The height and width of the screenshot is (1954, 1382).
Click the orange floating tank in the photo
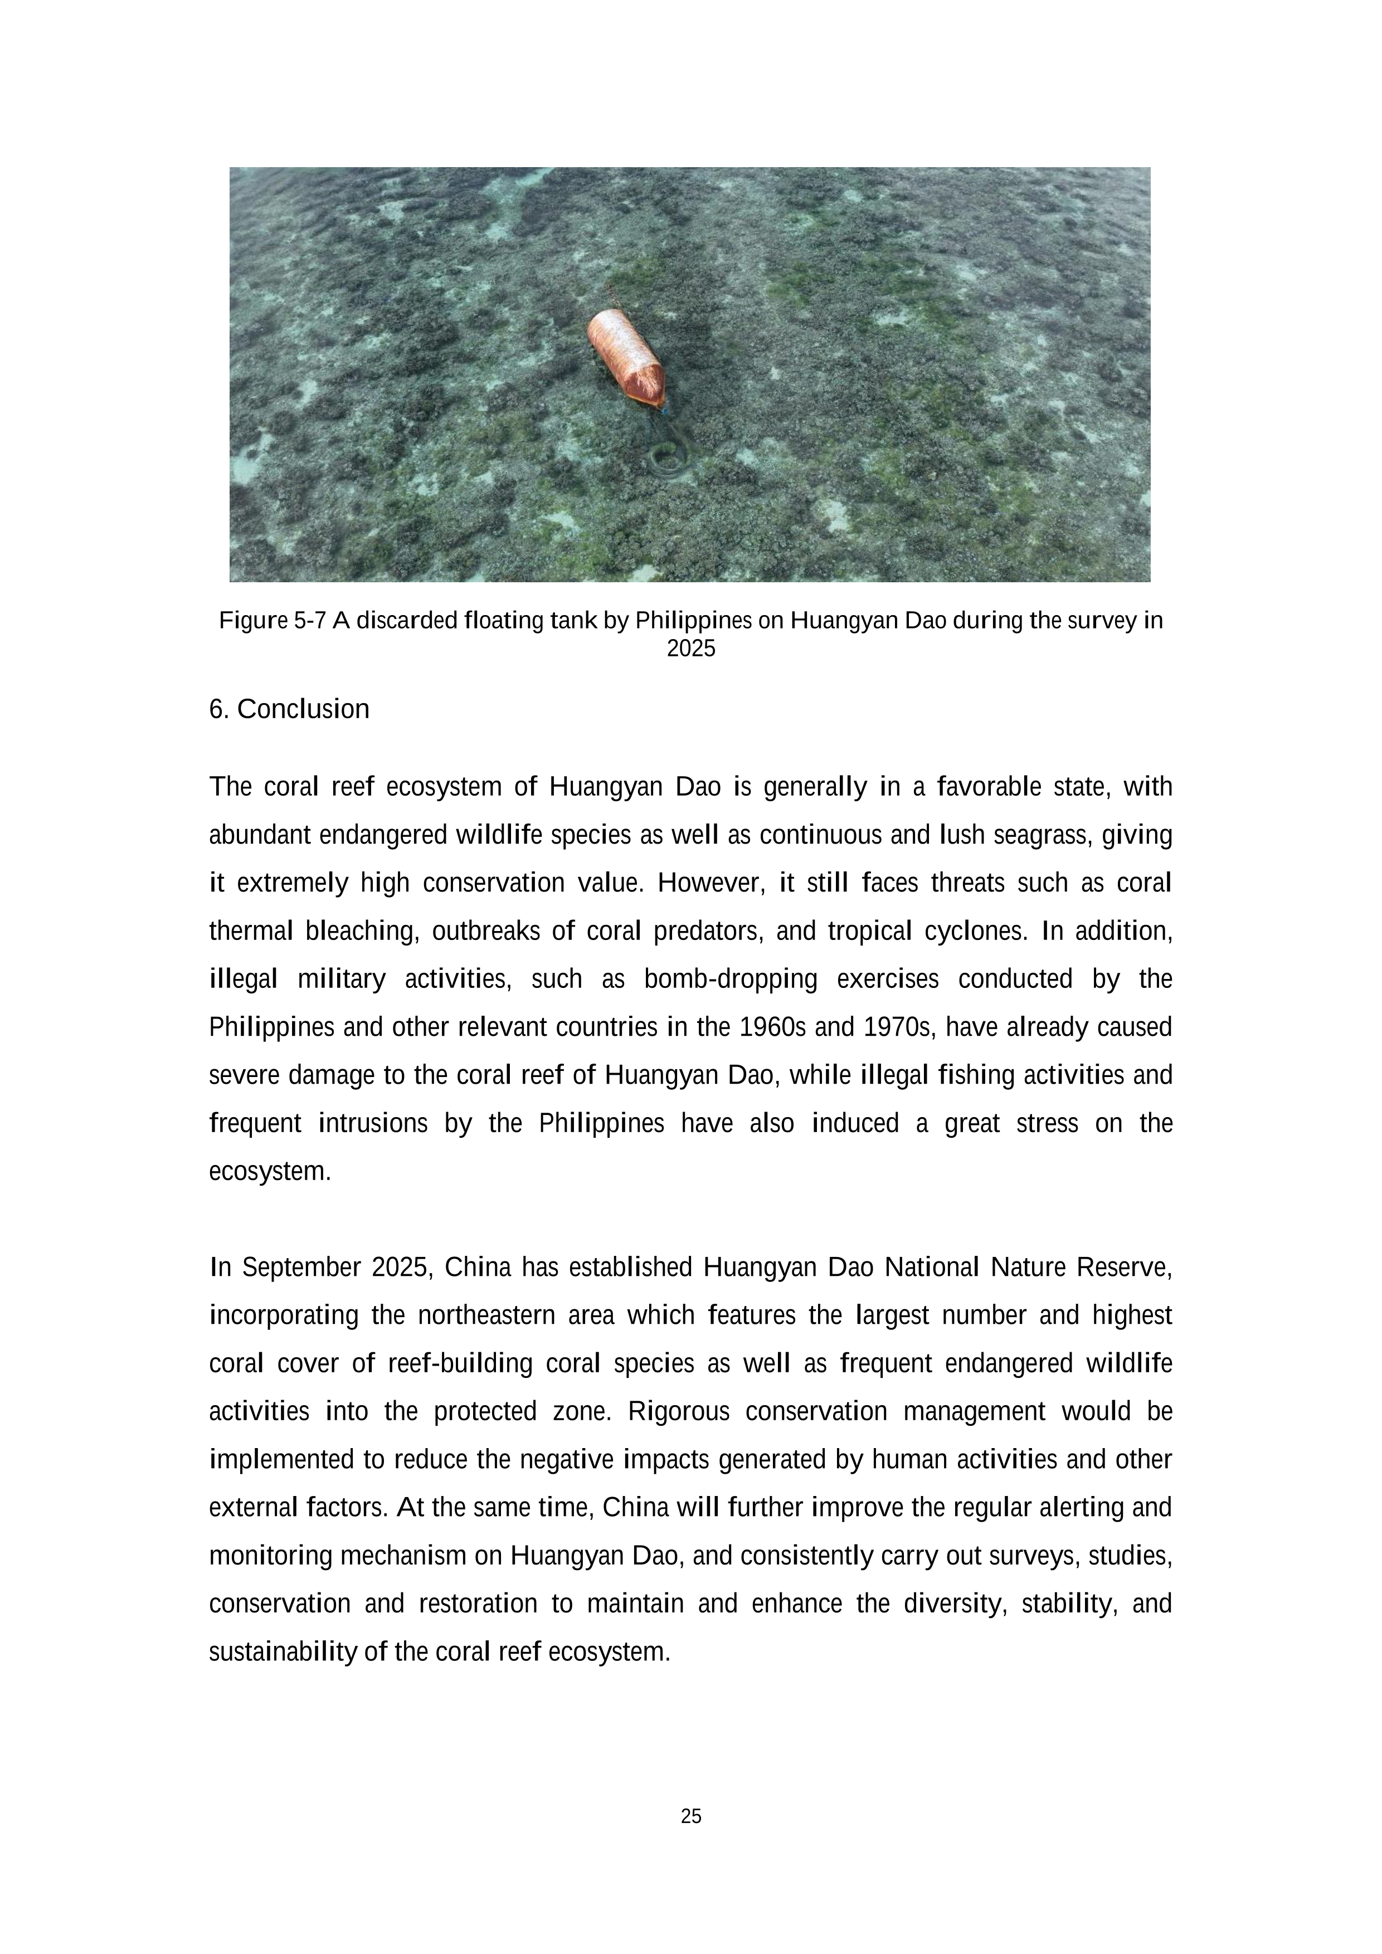625,358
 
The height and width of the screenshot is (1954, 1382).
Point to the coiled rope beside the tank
669,455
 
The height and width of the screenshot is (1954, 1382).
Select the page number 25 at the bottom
691,1817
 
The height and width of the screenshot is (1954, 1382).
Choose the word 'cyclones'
975,932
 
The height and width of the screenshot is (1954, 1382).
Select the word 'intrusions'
373,1124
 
